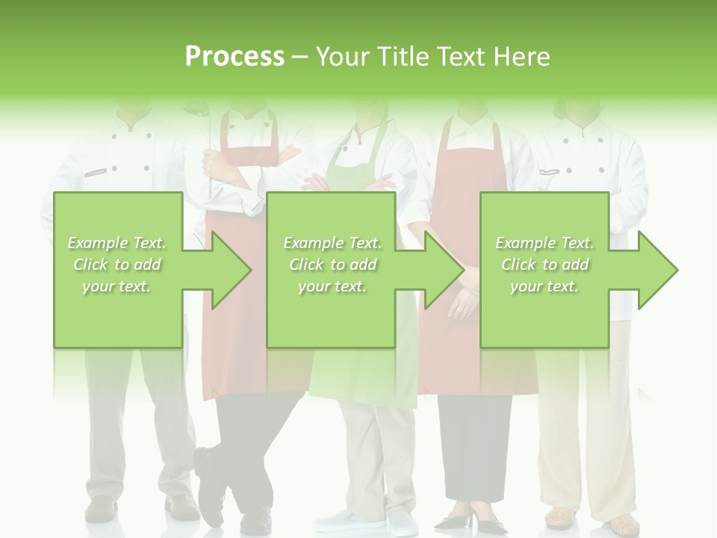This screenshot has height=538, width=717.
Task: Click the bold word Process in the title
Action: [235, 56]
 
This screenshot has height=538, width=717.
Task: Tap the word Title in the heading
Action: [402, 56]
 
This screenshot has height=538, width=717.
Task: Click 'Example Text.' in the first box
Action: [117, 243]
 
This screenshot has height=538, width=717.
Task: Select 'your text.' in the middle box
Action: [332, 286]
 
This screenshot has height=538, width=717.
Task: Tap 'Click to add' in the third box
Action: [544, 265]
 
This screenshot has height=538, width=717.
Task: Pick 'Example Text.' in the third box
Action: [544, 243]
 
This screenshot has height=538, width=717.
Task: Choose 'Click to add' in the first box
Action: [117, 265]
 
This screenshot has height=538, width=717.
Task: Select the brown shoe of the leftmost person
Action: [101, 509]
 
